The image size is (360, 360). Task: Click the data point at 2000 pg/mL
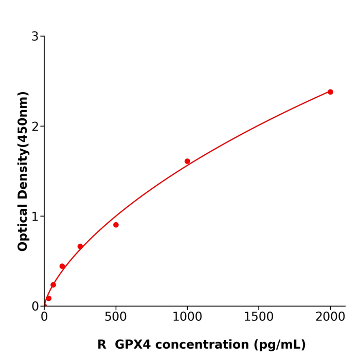click(x=330, y=92)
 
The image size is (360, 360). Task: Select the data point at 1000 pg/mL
click(x=187, y=161)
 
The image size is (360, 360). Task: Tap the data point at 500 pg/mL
click(x=116, y=225)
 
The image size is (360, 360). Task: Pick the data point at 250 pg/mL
click(x=80, y=246)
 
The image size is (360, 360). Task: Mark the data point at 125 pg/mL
click(x=62, y=266)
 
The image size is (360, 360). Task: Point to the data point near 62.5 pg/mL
click(x=53, y=285)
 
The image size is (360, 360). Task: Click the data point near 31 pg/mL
click(x=49, y=298)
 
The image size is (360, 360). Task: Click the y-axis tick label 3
click(x=35, y=37)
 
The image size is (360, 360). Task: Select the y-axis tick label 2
click(x=35, y=127)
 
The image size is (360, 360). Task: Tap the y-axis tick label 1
click(x=35, y=217)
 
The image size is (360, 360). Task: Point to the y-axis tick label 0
click(x=35, y=307)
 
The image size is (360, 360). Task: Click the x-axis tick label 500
click(x=116, y=317)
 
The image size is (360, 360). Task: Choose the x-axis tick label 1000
click(x=187, y=317)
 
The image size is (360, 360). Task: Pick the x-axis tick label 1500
click(x=259, y=317)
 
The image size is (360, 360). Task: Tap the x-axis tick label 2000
click(x=330, y=317)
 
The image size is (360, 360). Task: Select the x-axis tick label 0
click(x=44, y=317)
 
